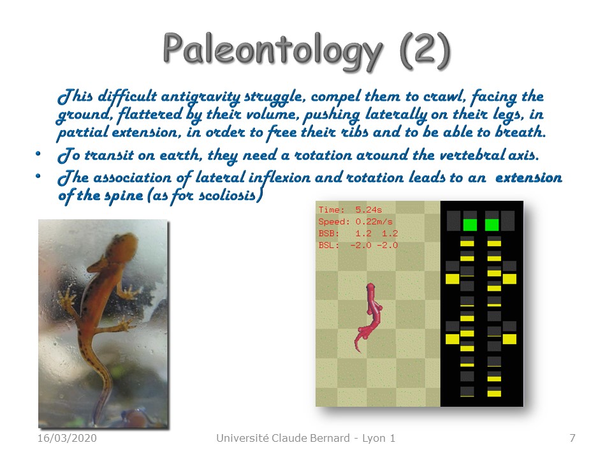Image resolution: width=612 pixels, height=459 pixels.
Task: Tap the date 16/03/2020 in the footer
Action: pyautogui.click(x=67, y=438)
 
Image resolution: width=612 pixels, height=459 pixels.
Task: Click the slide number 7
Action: pyautogui.click(x=572, y=438)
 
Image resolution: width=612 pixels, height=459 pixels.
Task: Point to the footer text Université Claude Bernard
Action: pyautogui.click(x=283, y=438)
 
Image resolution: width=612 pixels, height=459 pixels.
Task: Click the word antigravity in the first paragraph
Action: pyautogui.click(x=201, y=97)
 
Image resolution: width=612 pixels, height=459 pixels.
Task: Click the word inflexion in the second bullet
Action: pyautogui.click(x=280, y=178)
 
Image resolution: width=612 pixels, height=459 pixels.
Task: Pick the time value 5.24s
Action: pyautogui.click(x=368, y=210)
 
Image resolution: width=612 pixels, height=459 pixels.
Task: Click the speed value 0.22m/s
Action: pyautogui.click(x=374, y=221)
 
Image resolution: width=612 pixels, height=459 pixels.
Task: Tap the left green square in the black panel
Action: pyautogui.click(x=470, y=225)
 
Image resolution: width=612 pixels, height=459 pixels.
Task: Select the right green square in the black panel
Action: pyautogui.click(x=492, y=225)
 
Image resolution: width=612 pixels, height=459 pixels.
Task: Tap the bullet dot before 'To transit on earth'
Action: pyautogui.click(x=38, y=154)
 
